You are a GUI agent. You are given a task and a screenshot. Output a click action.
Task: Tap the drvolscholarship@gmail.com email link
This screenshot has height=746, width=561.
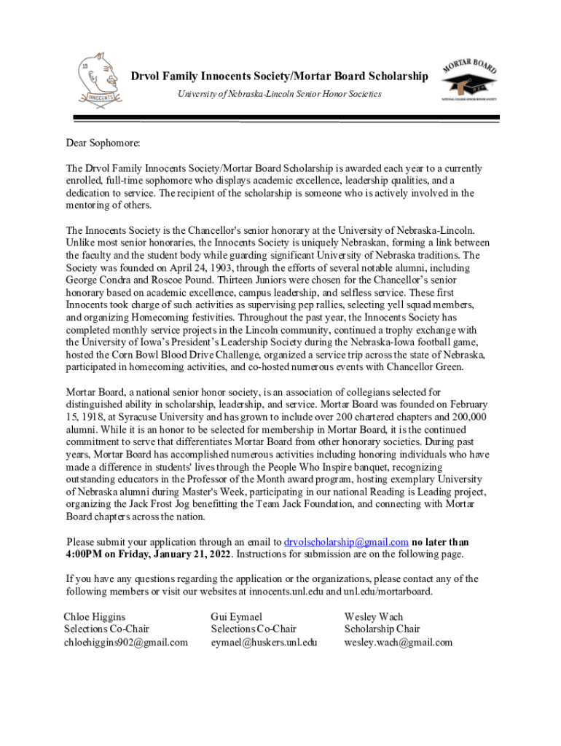click(x=346, y=542)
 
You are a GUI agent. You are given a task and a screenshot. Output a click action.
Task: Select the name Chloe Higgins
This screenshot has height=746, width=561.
click(x=94, y=616)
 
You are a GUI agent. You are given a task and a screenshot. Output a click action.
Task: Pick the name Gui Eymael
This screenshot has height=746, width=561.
click(x=236, y=616)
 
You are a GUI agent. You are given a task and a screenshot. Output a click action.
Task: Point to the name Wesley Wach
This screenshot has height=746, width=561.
click(x=373, y=616)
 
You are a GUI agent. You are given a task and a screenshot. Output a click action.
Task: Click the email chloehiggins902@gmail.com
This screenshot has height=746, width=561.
click(x=125, y=642)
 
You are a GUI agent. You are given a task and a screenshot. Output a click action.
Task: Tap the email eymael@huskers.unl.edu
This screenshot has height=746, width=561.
click(x=264, y=642)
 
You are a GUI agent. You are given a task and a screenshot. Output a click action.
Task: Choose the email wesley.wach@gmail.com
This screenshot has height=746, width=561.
click(x=398, y=642)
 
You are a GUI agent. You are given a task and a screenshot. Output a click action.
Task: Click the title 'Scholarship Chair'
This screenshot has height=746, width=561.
click(x=382, y=629)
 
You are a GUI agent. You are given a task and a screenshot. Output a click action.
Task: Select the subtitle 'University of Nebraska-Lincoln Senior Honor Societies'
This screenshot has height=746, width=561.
click(x=280, y=95)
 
